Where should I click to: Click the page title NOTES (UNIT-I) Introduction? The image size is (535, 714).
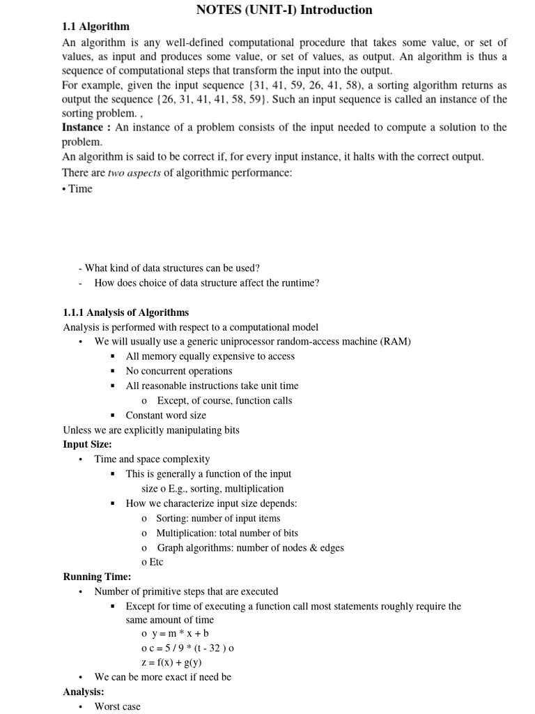(284, 10)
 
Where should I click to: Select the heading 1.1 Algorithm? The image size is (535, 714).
(96, 26)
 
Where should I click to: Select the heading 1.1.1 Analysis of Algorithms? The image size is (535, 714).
(125, 312)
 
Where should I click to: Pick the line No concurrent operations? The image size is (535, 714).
(179, 371)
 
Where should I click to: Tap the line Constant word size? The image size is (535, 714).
(166, 415)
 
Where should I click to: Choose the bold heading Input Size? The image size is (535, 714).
(87, 444)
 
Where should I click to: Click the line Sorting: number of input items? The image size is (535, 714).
(218, 518)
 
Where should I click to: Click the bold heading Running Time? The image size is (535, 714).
(97, 577)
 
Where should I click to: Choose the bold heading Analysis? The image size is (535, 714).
(84, 692)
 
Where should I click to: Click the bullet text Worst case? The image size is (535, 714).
(117, 706)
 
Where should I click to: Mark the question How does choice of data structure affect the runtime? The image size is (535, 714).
(207, 282)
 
